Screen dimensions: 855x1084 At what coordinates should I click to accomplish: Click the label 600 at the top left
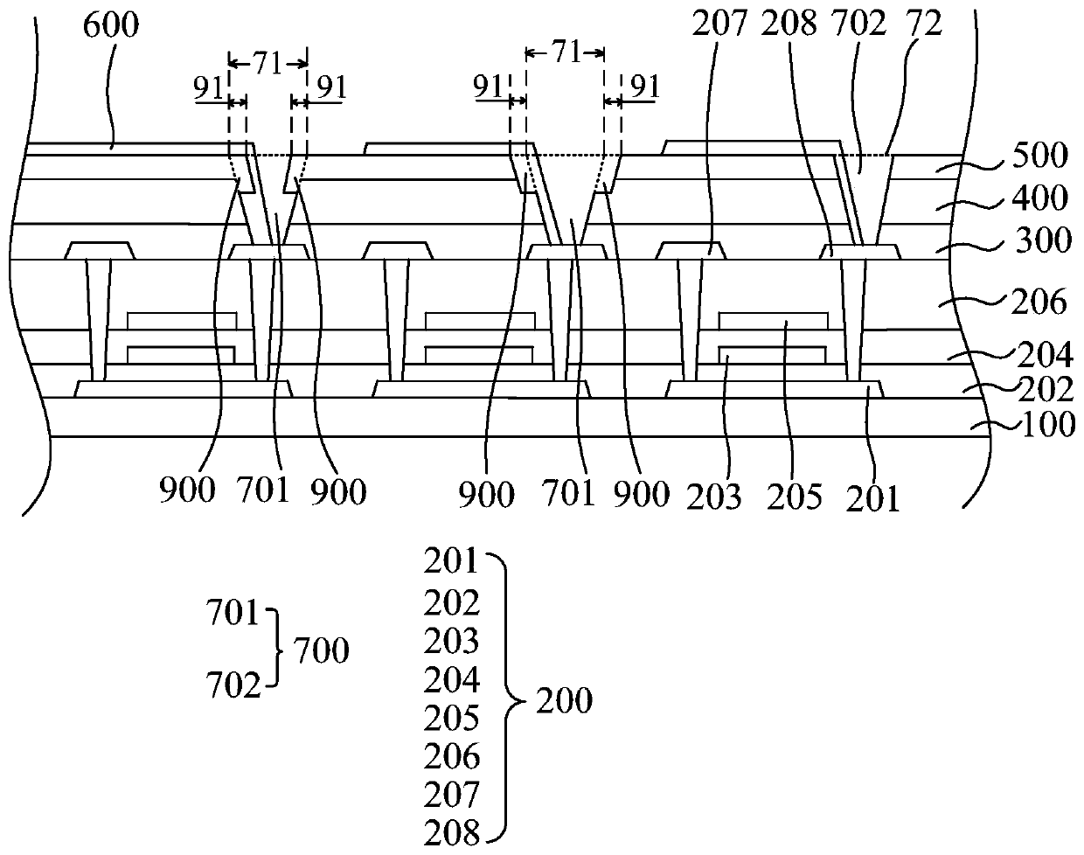[x=110, y=25]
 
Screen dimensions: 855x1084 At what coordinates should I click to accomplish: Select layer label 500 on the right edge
[x=1040, y=156]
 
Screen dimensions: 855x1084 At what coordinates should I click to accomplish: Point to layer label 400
[x=1040, y=198]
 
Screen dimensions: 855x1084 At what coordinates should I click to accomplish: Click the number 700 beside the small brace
[x=321, y=651]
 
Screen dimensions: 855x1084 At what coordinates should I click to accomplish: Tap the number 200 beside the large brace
[x=564, y=700]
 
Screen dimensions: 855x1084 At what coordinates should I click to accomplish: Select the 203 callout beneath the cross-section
[x=713, y=496]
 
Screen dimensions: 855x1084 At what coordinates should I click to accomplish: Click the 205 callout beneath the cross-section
[x=796, y=496]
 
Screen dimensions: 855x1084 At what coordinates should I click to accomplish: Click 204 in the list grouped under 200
[x=452, y=679]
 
